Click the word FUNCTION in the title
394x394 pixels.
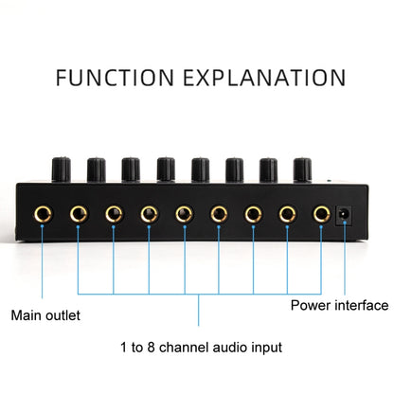coord(116,77)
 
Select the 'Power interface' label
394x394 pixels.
coord(339,305)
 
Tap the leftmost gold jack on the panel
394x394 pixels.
coord(44,215)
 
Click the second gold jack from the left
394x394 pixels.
coord(78,215)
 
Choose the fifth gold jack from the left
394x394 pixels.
coord(183,215)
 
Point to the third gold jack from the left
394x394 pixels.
coord(113,215)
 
